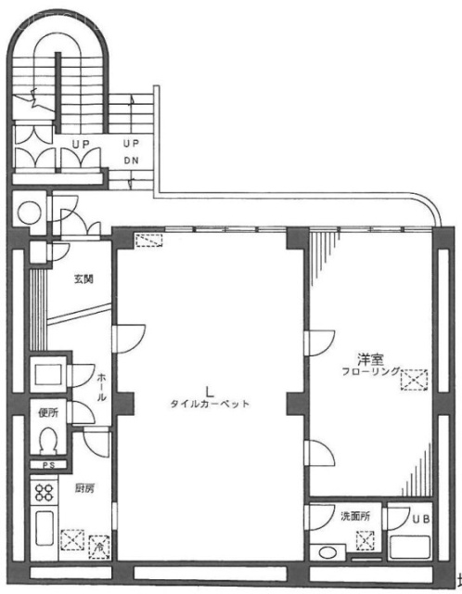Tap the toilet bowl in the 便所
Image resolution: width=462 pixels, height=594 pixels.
tap(50, 437)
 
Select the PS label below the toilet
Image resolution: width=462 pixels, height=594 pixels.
tap(49, 464)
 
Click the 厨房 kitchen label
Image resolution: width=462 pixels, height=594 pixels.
tap(83, 486)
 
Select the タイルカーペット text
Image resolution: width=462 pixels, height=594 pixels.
tap(211, 404)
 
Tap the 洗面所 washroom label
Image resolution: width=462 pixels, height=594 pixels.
tap(356, 515)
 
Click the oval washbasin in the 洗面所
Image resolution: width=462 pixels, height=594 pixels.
tap(327, 554)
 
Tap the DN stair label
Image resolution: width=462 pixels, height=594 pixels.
tap(131, 159)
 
